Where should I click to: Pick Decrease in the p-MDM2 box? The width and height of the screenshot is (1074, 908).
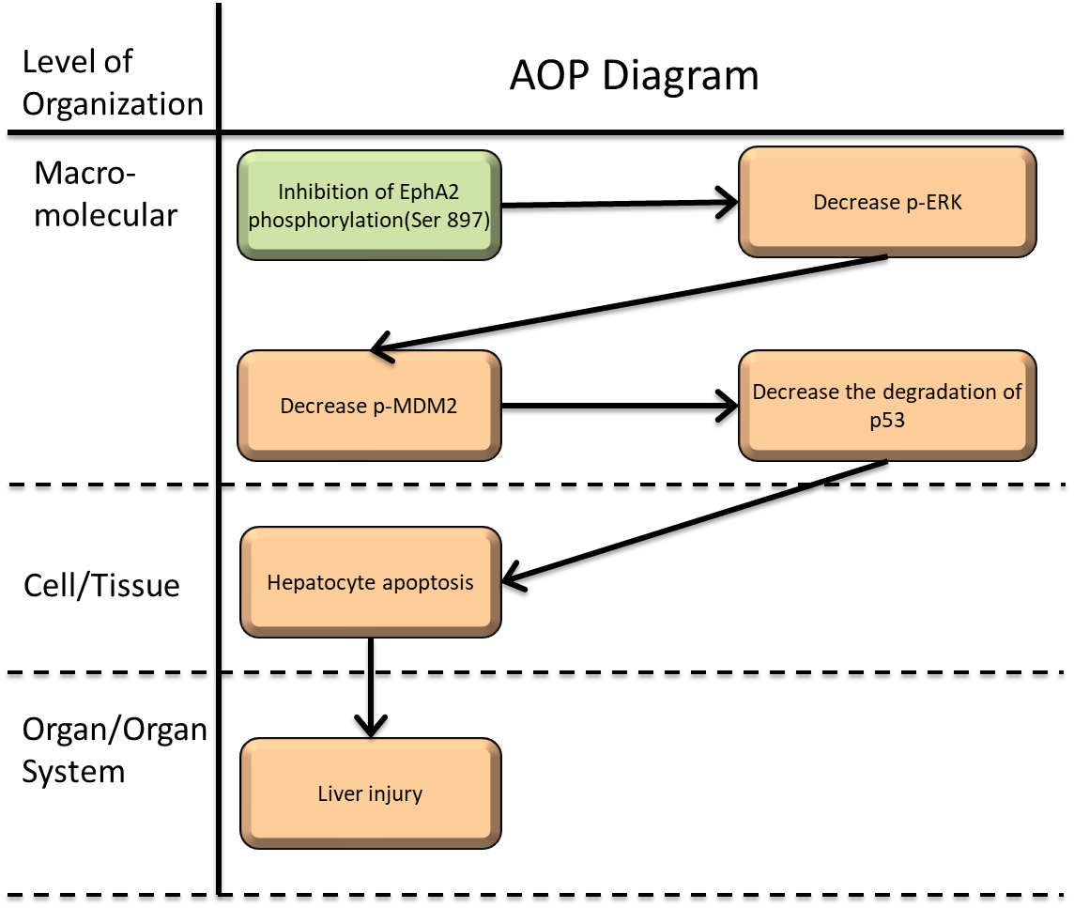pos(318,407)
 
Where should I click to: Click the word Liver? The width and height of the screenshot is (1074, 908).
pos(337,793)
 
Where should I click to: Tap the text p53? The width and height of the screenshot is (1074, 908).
pos(887,420)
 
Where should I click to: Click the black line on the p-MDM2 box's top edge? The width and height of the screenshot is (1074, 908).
pos(381,357)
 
